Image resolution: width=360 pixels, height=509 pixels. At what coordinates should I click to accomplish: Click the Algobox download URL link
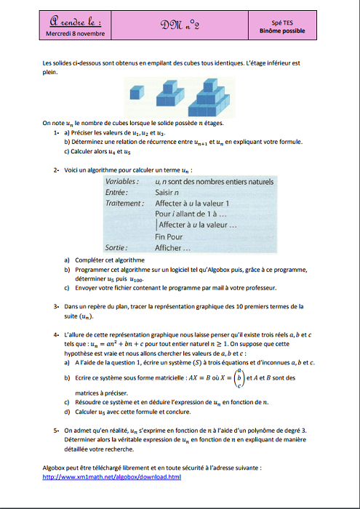(x=112, y=477)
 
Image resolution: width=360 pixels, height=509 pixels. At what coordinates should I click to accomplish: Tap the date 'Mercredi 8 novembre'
(x=75, y=33)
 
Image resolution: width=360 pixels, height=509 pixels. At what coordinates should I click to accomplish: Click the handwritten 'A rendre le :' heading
(x=76, y=23)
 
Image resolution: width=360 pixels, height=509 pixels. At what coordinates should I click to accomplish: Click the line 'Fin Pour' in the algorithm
(x=169, y=236)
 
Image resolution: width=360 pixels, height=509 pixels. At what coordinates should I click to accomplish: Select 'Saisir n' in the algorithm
(x=169, y=192)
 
